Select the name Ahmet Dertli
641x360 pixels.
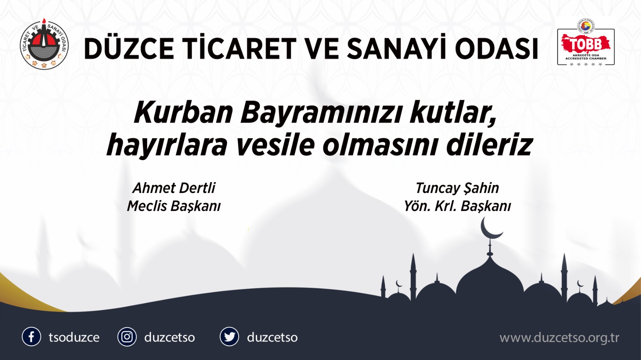(x=174, y=188)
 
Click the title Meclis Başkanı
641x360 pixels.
(x=174, y=206)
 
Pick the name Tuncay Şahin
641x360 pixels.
(x=457, y=188)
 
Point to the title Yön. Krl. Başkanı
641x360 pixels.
(x=457, y=206)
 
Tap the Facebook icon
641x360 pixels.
(x=31, y=337)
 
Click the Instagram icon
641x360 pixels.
(x=127, y=337)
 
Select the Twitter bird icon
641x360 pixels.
(x=230, y=337)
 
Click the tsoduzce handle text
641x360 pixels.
(x=74, y=337)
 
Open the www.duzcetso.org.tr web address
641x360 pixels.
(x=559, y=338)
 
